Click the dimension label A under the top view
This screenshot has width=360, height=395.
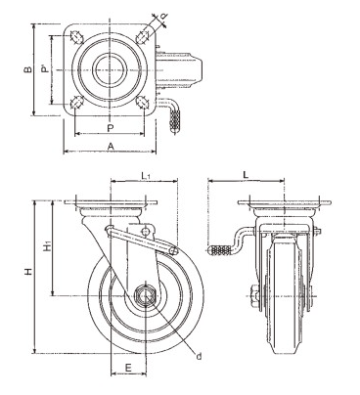[111, 147]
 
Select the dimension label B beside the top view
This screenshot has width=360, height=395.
[28, 69]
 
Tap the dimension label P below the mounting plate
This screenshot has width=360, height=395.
[111, 128]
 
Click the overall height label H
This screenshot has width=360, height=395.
[28, 271]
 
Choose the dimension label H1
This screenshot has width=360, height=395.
[47, 246]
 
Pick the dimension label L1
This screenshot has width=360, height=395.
[146, 176]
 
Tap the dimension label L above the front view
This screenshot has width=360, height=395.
[246, 174]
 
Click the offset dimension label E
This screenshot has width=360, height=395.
[128, 368]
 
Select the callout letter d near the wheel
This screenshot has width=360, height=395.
[199, 356]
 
